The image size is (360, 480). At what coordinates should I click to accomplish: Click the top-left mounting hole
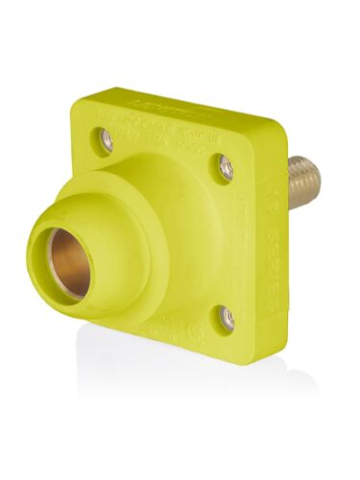(x=107, y=140)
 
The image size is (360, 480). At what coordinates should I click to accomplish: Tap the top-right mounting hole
(x=226, y=169)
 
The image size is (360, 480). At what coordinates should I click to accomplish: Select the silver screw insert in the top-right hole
(x=227, y=170)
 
